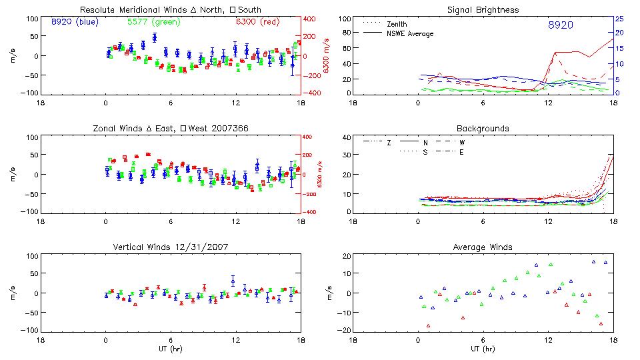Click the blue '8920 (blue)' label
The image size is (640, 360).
pos(74,22)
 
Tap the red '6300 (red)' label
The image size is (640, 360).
pos(257,22)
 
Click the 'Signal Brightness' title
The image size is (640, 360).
pos(482,10)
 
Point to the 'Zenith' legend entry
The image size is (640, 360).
pos(397,24)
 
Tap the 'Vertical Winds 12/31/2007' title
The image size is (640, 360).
pos(170,247)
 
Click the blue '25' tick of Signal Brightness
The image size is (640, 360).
pos(619,19)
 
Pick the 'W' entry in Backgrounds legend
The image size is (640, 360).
pos(462,143)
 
